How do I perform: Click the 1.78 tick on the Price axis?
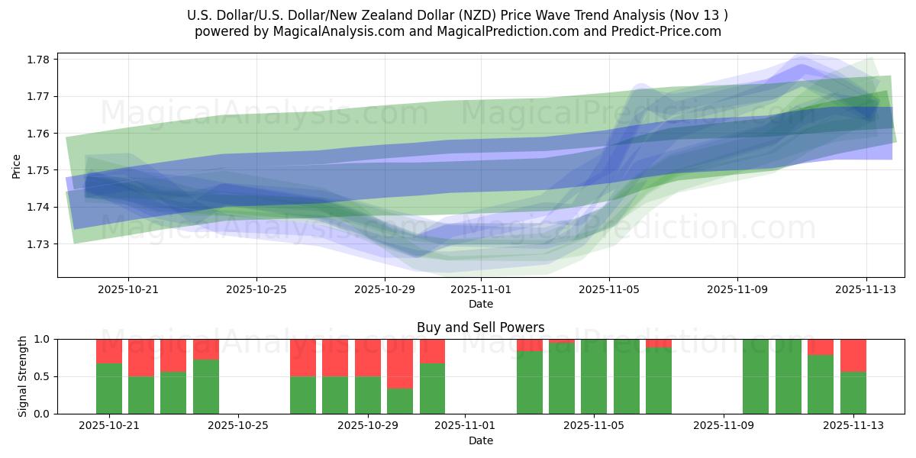point(39,60)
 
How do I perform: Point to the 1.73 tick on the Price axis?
point(39,244)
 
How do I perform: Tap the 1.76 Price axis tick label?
point(39,134)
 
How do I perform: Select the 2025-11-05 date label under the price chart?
point(609,290)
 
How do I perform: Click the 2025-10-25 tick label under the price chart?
point(256,290)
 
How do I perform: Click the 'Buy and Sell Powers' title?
point(481,327)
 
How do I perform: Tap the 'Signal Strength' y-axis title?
point(23,376)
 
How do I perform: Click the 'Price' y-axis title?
point(17,166)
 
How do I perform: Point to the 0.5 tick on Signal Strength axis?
point(42,376)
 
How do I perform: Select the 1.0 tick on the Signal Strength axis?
point(42,339)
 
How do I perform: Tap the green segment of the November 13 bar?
point(853,393)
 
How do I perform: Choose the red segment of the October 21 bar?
point(109,350)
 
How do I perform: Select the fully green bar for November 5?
point(594,376)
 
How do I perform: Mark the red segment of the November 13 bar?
point(853,355)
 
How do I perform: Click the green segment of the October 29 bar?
point(368,395)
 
